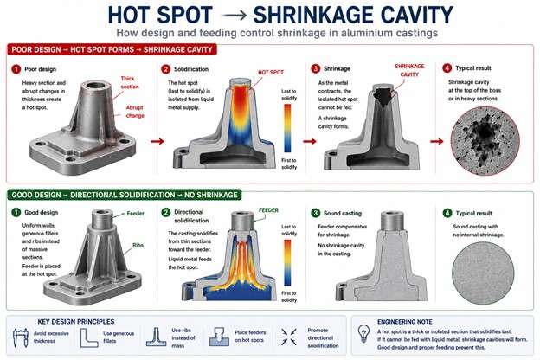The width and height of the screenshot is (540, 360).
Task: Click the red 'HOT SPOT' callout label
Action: [271, 73]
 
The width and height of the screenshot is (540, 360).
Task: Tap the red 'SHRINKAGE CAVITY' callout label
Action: [409, 70]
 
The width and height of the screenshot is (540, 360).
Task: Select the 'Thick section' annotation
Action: [130, 83]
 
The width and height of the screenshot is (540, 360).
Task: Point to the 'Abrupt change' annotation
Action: [135, 112]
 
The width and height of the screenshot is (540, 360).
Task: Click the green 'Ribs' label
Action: [138, 245]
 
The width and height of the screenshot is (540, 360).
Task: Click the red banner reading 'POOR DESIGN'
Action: [112, 49]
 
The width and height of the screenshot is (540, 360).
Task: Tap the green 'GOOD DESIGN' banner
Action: [125, 195]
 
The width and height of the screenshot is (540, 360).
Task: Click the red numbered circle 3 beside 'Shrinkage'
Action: [315, 69]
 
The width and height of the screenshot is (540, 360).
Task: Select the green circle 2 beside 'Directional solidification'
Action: [165, 212]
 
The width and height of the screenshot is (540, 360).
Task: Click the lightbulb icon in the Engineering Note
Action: [363, 333]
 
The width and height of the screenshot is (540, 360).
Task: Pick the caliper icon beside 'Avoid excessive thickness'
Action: [21, 337]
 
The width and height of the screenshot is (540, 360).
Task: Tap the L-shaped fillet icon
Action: [89, 337]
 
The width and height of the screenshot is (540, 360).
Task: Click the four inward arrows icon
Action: [288, 337]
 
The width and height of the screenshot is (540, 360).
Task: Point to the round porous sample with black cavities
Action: [485, 140]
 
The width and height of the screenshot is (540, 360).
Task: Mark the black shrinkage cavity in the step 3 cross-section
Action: [382, 97]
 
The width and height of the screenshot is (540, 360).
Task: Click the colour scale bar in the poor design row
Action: [287, 128]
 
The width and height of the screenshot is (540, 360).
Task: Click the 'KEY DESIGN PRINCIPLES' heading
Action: [76, 321]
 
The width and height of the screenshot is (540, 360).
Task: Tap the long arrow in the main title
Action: [234, 16]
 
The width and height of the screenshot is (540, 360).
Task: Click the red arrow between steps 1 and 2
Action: [157, 141]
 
